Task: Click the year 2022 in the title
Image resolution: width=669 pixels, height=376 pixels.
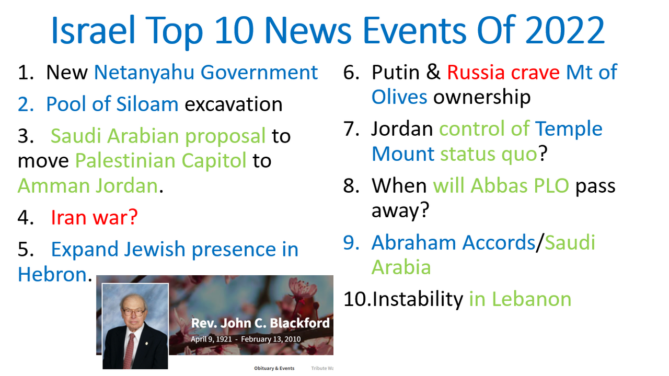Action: (x=564, y=30)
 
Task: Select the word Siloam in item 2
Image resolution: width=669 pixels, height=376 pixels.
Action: (x=147, y=104)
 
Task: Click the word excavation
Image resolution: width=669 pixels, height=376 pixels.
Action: (x=234, y=104)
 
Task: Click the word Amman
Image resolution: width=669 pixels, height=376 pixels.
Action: (x=53, y=185)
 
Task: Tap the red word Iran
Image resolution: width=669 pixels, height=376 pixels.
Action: (x=69, y=217)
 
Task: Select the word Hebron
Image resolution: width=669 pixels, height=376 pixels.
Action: (x=52, y=274)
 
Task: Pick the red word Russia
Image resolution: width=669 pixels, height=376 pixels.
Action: (x=476, y=73)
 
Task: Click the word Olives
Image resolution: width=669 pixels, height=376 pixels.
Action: (x=399, y=97)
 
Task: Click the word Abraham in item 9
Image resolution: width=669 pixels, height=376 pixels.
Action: (x=413, y=242)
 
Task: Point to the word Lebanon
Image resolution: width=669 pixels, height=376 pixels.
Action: (x=532, y=299)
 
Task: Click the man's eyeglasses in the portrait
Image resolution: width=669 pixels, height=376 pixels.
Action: (x=133, y=312)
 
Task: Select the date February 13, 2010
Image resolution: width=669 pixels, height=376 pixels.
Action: (x=271, y=339)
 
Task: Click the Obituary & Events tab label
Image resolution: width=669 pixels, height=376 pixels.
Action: (x=274, y=368)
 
